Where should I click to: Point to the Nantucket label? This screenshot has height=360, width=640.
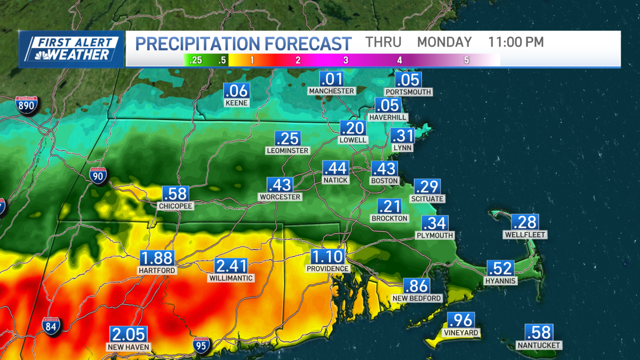click(539, 345)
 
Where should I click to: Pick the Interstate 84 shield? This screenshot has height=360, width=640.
click(52, 326)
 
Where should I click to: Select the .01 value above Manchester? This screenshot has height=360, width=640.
click(331, 79)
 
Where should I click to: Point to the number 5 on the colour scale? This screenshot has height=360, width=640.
click(466, 60)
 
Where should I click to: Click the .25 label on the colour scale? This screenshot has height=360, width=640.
click(196, 60)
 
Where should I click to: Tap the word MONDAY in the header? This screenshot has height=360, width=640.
click(444, 42)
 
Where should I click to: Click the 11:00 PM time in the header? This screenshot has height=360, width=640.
click(516, 42)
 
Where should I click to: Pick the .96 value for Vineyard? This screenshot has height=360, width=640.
click(460, 321)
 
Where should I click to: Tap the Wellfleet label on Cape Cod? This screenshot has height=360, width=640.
click(525, 235)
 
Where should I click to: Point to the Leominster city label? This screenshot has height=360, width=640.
click(287, 151)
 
